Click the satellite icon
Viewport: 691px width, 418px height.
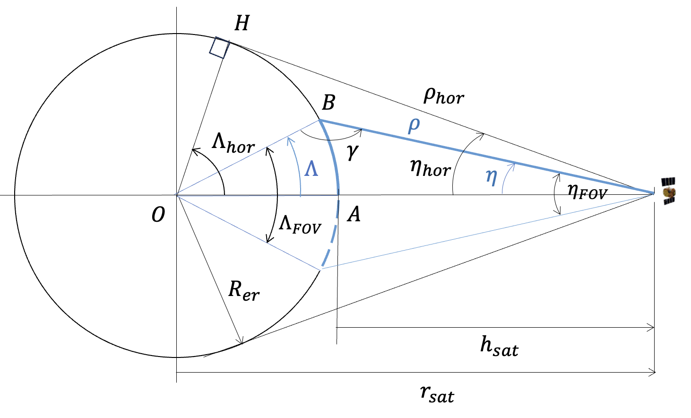point(668,191)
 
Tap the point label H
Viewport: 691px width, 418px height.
point(242,23)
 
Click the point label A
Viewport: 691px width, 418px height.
point(354,215)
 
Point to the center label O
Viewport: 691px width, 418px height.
point(158,215)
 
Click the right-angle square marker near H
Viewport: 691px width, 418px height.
point(219,48)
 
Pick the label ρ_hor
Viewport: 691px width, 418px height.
point(443,96)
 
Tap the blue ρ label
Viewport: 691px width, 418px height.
point(414,125)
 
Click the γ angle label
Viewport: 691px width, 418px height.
point(353,151)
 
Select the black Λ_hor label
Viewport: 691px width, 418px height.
point(233,143)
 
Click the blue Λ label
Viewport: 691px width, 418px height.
point(311,169)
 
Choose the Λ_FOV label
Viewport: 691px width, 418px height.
point(300,224)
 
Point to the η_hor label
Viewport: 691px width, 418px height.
point(430,167)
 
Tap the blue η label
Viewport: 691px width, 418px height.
point(492,177)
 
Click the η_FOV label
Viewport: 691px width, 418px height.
point(587,191)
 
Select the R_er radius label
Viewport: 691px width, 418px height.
point(243,290)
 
